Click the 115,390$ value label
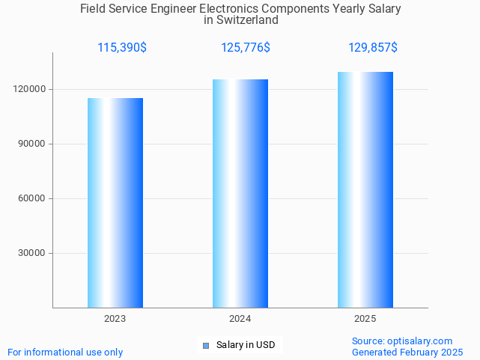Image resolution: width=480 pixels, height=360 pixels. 122,48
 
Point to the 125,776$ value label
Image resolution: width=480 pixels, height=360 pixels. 246,48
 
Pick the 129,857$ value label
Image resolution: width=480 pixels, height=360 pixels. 373,48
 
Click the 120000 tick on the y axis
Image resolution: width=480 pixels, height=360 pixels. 31,89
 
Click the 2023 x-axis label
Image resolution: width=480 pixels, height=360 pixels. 115,319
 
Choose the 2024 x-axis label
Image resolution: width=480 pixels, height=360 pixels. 240,319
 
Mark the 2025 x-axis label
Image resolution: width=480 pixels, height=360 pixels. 365,319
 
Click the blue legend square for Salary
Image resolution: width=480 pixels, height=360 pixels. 206,345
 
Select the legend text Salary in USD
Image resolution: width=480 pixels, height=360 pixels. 246,345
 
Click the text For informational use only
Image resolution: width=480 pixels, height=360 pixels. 65,352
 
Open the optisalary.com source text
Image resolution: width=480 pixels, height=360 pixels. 402,341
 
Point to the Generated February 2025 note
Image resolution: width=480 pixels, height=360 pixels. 407,352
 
